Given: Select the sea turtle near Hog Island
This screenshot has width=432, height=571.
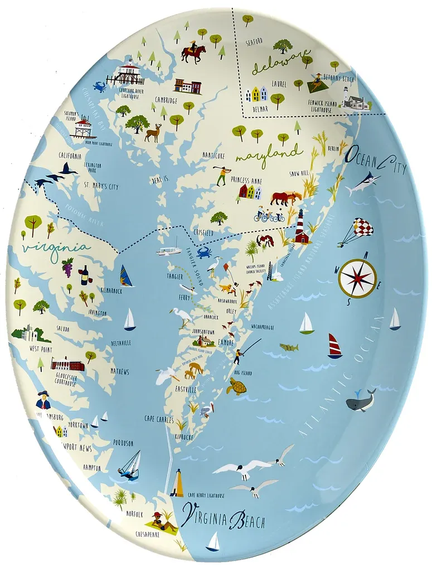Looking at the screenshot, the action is (x=236, y=386).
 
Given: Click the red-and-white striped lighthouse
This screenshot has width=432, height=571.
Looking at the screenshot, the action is (x=302, y=226).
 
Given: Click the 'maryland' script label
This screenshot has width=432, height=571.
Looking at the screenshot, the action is (x=269, y=153).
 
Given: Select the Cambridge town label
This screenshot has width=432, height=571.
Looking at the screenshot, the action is (x=167, y=101).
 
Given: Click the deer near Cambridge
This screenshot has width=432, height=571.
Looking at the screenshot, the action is (x=152, y=133).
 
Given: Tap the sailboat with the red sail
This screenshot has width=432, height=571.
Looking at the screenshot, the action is (x=334, y=346).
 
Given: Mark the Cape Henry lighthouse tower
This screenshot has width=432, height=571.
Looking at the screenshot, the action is (x=178, y=482).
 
